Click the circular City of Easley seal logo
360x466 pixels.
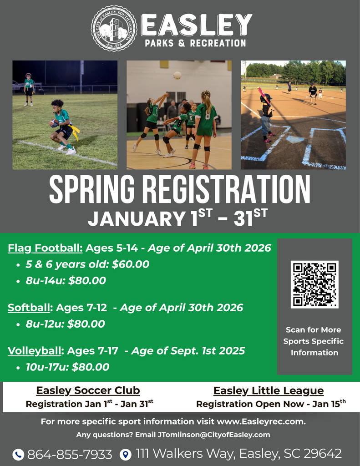(114, 28)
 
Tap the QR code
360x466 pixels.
(314, 284)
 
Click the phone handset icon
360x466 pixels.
(18, 454)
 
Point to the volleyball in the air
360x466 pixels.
(177, 75)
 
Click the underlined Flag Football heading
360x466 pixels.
(45, 248)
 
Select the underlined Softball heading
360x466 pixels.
(29, 308)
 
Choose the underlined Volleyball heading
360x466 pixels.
(35, 351)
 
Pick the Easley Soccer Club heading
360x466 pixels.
(88, 390)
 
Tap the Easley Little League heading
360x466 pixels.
(269, 390)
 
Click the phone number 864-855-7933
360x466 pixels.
(70, 454)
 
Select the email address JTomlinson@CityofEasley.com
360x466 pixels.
(213, 435)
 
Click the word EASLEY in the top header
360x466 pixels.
(197, 25)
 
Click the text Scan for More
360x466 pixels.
(313, 329)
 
